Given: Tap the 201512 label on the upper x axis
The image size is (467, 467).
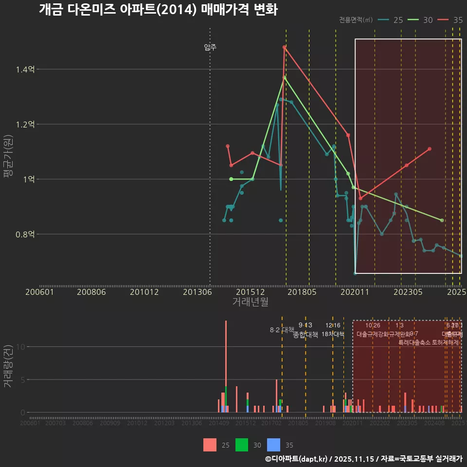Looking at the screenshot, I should (250, 292).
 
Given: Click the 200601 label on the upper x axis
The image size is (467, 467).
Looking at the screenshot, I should (39, 292).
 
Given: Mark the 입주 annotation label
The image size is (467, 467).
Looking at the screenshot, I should (210, 47).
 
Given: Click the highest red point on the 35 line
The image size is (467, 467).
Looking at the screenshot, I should (284, 47).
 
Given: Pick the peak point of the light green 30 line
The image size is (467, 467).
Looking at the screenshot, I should (285, 77).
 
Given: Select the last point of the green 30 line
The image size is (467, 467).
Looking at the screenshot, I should (442, 220).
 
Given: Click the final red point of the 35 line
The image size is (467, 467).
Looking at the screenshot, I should (430, 149).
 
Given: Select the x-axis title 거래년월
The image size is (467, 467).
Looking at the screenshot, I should (250, 302).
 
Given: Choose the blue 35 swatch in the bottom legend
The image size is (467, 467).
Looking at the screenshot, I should (274, 445).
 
